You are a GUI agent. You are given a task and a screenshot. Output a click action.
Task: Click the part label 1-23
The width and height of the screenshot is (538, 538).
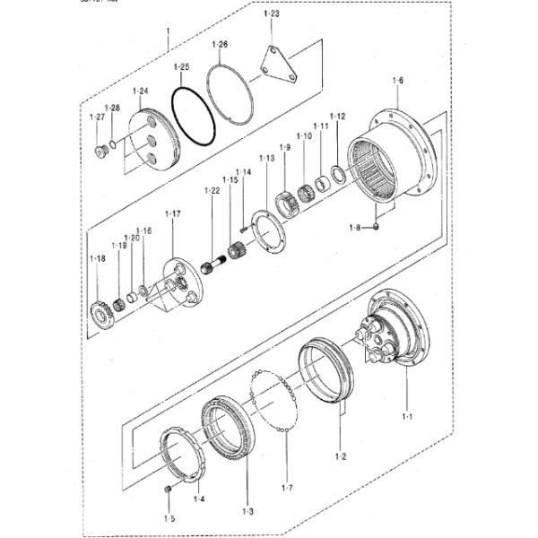272,14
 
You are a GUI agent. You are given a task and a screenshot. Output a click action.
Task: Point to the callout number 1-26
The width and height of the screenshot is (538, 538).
220,44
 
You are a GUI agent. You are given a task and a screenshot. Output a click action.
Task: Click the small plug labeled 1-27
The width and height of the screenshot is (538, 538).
100,149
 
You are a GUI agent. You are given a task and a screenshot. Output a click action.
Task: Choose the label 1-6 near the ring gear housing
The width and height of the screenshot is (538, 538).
397,81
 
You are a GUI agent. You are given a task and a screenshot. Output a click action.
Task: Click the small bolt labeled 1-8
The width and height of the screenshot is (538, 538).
377,227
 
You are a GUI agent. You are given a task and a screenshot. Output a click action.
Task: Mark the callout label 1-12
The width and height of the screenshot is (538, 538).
337,117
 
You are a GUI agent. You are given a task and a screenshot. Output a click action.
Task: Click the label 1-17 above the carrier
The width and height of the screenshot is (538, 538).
172,213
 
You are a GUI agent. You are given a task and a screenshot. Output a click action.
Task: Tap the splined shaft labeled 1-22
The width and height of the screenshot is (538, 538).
215,264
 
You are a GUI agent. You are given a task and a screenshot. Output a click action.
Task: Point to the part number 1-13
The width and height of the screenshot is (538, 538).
266,158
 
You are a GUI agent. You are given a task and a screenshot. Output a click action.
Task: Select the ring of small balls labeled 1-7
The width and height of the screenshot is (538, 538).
276,403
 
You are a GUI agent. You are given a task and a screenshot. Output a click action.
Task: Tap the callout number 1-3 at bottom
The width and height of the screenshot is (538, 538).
247,511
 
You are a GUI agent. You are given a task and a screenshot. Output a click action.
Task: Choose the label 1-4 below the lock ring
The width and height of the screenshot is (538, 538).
199,499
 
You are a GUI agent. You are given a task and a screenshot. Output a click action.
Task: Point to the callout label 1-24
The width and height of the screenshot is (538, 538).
141,91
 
